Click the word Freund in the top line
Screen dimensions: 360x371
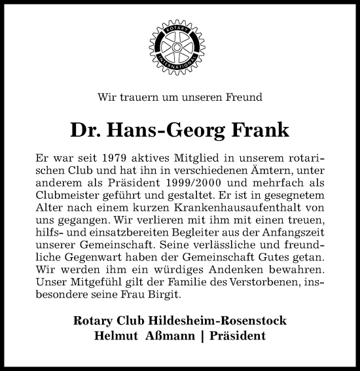[x=243, y=98]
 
